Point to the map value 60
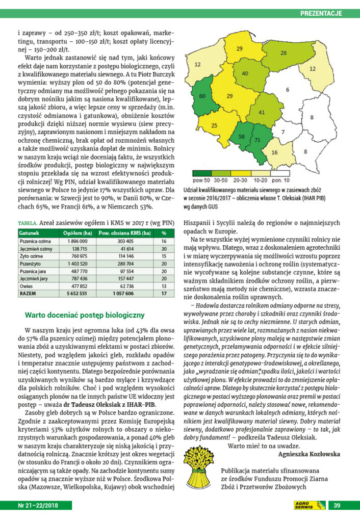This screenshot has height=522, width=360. click(x=202, y=96)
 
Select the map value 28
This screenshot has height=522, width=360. click(x=283, y=53)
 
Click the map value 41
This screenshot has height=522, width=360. click(x=263, y=112)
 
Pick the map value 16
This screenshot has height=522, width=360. click(x=274, y=152)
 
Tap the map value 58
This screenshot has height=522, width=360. click(x=241, y=137)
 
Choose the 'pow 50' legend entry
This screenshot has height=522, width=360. click(x=199, y=180)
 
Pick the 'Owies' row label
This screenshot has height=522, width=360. click(x=26, y=286)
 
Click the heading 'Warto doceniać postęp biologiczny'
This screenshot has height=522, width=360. click(x=85, y=315)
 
